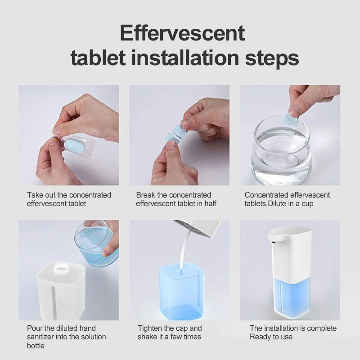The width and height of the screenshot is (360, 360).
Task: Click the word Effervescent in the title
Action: pos(182,33)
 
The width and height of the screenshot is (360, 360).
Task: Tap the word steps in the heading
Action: pos(272,58)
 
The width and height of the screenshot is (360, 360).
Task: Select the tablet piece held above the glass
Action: pos(291,120)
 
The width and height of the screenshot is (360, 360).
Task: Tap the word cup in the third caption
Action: pos(307,204)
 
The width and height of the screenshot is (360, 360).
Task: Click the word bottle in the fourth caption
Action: pos(36,346)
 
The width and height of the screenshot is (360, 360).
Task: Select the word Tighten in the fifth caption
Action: pos(150,328)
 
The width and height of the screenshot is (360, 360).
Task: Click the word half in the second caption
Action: pos(210,203)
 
